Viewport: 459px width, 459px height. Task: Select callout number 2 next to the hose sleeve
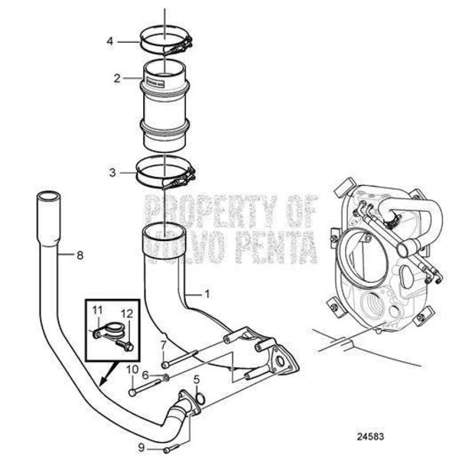coord(117,77)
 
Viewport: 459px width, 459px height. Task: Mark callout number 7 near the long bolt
coord(162,346)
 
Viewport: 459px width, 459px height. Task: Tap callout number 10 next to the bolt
coord(131,369)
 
